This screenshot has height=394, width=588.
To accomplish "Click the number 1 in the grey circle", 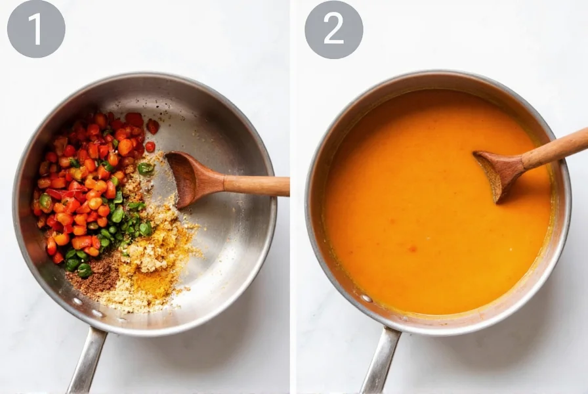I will [35, 29].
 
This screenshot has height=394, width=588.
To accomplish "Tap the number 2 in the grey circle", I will [333, 29].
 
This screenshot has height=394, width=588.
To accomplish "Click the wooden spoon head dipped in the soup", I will [499, 172].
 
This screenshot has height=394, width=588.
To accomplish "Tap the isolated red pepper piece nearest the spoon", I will [150, 147].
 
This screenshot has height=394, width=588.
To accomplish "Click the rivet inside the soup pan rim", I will [366, 298].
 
